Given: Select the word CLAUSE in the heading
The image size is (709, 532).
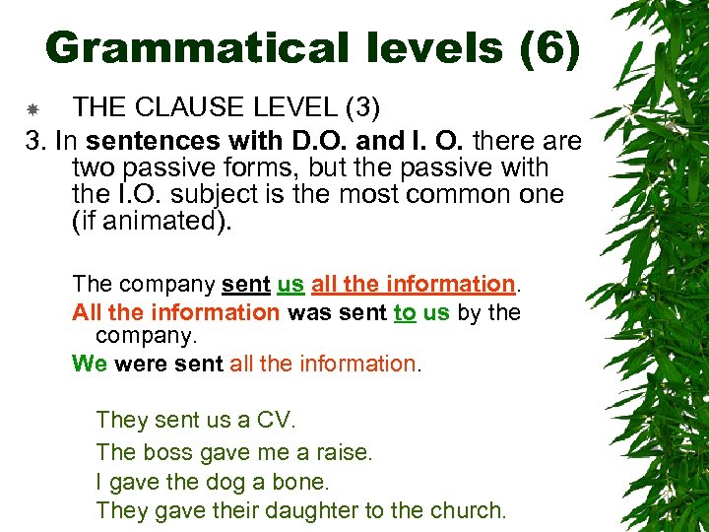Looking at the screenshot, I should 198,106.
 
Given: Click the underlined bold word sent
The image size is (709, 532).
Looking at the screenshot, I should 245,284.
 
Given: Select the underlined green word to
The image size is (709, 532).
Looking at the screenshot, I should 404,312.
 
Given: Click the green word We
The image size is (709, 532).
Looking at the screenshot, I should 90,364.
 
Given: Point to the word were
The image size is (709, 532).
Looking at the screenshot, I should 140,364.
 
